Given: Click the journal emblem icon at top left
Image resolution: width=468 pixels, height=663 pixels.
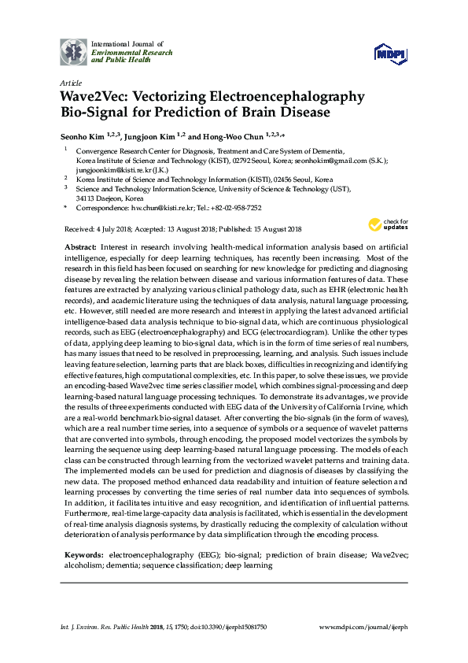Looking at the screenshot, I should [73, 51].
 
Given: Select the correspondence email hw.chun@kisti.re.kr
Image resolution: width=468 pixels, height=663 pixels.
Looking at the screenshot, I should [162, 207].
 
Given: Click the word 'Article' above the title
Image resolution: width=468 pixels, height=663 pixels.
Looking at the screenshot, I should [70, 83].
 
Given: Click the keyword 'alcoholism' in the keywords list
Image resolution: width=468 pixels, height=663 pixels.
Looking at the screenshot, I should [85, 565].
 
